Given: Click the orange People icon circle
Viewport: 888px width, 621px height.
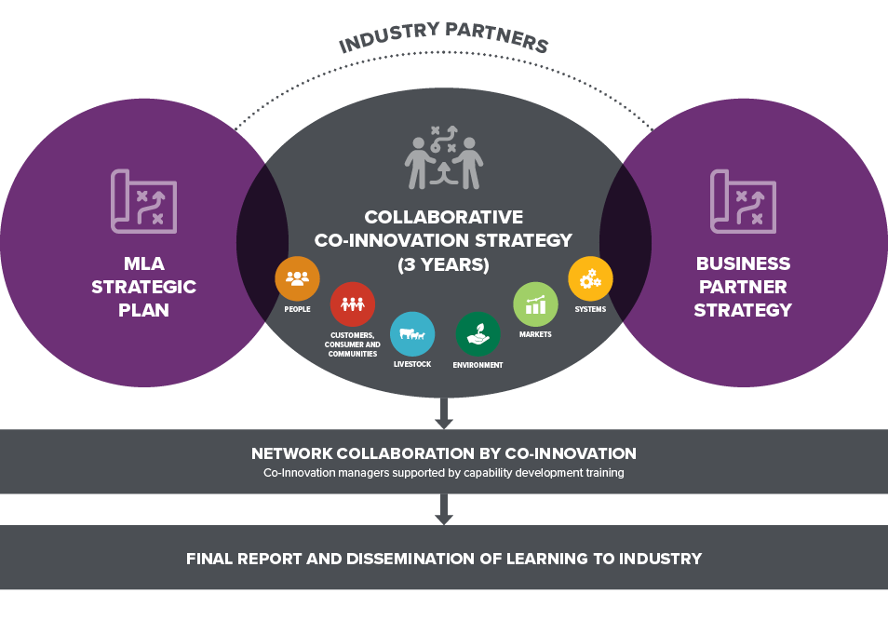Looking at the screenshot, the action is coord(297,278).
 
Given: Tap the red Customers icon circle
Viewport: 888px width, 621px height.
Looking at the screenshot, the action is coord(352,304).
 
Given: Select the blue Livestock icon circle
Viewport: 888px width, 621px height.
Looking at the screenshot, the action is coord(412,334).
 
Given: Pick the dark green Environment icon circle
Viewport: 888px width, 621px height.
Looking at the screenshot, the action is coord(478,334).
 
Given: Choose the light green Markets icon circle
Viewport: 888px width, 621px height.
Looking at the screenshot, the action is coord(535,304).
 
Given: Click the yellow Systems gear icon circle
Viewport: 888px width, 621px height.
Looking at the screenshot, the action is coord(590,278).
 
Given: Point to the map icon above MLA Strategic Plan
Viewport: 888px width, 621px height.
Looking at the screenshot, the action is coord(144,201).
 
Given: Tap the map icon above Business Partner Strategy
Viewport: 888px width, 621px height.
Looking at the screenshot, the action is coord(743,201).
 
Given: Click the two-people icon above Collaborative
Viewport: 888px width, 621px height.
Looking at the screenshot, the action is coord(443,157).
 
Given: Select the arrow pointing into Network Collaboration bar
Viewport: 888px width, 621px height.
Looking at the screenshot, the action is coord(443,413).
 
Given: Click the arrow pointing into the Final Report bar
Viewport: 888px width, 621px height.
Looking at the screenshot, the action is coord(443,509).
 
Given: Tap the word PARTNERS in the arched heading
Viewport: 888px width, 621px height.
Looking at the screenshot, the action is coord(497,37).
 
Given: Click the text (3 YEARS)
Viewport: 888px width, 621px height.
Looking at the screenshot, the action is coord(443,264).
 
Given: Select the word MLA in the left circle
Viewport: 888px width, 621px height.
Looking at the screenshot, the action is coord(144,263).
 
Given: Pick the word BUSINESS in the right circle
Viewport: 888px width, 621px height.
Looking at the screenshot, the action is coord(743,263).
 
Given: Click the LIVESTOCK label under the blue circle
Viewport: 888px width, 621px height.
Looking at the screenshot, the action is coord(412,364).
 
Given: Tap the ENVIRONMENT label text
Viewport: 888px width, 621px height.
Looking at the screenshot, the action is coord(478,365).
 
